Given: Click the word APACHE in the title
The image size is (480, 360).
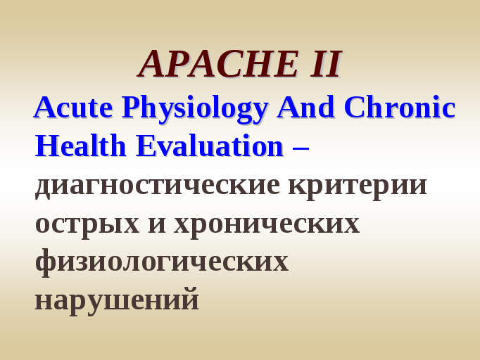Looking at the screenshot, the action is click(x=219, y=64).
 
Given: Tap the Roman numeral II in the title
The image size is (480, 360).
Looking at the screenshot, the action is click(x=326, y=64).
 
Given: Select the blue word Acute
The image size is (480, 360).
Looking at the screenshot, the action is click(x=73, y=107).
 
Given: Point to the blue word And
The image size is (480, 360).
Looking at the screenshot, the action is click(x=305, y=107).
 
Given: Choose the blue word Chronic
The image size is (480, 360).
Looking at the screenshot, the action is click(x=400, y=107).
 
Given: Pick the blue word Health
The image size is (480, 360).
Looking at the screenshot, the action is click(x=80, y=146).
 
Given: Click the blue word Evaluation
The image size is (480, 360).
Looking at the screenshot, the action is click(x=210, y=146).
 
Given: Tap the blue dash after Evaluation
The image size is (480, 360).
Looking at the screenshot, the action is click(x=301, y=148).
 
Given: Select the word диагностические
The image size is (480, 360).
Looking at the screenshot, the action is click(x=158, y=186).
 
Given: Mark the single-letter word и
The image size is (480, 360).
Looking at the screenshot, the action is click(x=157, y=224).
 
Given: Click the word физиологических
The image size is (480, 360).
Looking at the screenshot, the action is click(x=162, y=263).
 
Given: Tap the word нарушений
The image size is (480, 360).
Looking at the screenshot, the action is click(x=118, y=301).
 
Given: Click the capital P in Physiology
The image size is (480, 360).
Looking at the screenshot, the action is click(x=131, y=107).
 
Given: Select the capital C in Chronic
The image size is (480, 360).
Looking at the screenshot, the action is click(x=354, y=107).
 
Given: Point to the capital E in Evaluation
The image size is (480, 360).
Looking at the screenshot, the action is click(x=146, y=146).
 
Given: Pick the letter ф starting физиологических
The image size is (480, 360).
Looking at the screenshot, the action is click(x=46, y=263).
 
